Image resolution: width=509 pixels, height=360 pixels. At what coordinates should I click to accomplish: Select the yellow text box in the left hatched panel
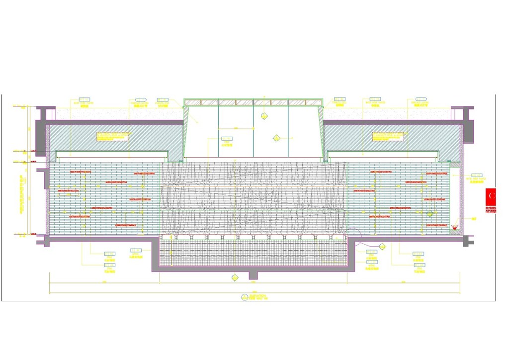[x=113, y=136]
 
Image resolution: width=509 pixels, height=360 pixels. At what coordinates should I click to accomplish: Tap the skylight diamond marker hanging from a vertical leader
[x=263, y=116]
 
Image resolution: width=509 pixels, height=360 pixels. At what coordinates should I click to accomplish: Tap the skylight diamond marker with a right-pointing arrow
[x=276, y=137]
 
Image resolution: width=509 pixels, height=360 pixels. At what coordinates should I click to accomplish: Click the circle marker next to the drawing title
[x=245, y=297]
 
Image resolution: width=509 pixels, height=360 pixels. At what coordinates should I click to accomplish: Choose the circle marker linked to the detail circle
[x=382, y=246]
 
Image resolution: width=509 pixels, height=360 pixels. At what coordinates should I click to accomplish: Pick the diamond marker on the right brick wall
[x=429, y=214]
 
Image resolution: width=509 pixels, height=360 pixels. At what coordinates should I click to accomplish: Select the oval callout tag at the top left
[x=141, y=100]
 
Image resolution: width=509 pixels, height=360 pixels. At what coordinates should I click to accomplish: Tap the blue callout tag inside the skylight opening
[x=227, y=139]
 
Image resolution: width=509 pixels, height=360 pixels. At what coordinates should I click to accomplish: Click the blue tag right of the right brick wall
[x=477, y=176]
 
